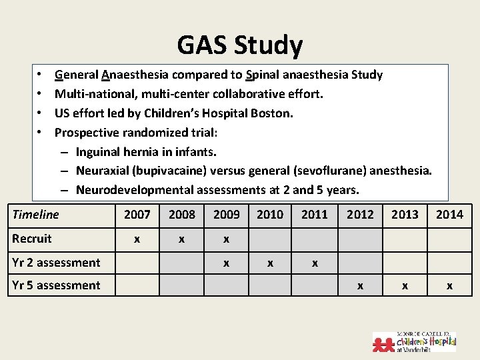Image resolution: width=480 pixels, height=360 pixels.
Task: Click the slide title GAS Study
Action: coord(240,45)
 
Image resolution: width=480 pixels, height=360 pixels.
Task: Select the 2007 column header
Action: coord(137,215)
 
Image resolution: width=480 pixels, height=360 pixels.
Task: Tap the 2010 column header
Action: coord(270,215)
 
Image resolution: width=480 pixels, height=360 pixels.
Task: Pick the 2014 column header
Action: coord(449,215)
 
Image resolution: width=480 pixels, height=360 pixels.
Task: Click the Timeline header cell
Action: coord(36,215)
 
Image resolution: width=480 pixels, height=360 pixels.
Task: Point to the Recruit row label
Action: coord(32,239)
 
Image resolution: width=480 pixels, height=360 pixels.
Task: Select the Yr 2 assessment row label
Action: coord(56,263)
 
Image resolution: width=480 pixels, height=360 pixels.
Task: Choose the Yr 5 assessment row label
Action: coord(56,285)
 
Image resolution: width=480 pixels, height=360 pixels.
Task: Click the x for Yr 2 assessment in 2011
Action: coord(315,263)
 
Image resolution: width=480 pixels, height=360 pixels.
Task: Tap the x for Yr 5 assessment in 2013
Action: coord(405,286)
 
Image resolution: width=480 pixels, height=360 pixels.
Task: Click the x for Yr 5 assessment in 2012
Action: coord(360,286)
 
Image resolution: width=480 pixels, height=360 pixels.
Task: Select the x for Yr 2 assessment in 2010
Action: coord(270,263)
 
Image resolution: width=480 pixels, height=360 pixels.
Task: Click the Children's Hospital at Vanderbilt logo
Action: coord(414,341)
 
